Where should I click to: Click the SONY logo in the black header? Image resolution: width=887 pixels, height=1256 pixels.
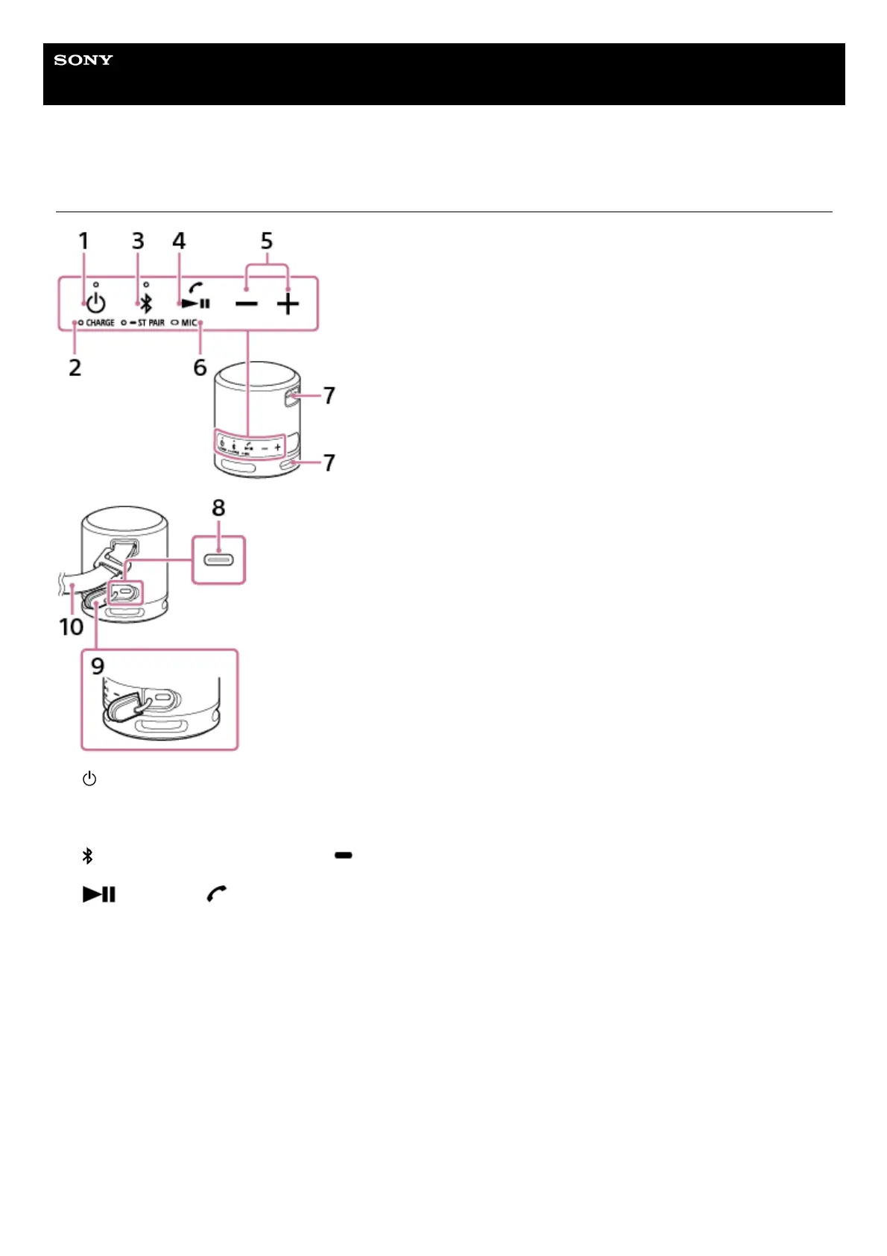point(83,60)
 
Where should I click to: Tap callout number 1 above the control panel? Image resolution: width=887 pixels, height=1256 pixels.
point(83,241)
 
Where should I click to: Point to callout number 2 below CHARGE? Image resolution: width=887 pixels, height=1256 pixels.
point(75,368)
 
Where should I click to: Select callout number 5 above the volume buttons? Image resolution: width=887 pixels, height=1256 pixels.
point(267,241)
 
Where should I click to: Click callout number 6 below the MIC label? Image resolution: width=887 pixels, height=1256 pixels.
point(200,368)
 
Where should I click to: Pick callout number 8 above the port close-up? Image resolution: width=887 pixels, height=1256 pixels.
point(218,508)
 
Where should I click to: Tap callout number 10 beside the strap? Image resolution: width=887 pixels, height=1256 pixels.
point(72,627)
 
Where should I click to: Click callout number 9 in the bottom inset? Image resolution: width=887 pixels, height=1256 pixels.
point(98,666)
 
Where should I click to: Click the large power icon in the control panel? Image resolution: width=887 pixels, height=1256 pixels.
point(96,304)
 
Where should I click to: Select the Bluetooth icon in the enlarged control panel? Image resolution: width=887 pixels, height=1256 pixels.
point(147,304)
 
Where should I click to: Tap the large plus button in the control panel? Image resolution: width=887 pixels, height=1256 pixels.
point(288,304)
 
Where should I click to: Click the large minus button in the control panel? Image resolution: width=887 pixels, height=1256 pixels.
point(246,304)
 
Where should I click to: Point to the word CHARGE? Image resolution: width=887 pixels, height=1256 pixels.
point(100,323)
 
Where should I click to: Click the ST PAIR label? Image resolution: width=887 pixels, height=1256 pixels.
point(151,323)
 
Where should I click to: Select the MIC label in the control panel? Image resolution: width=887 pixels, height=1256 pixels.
point(189,323)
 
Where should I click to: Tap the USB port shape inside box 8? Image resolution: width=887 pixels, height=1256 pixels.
point(218,559)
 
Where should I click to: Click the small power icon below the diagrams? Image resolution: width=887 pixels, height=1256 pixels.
point(89,779)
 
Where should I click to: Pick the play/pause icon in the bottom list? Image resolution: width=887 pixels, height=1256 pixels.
point(99,894)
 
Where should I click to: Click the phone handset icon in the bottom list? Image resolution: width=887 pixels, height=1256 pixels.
point(216,893)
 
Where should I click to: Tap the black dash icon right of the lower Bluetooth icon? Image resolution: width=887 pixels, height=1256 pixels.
point(344,855)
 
